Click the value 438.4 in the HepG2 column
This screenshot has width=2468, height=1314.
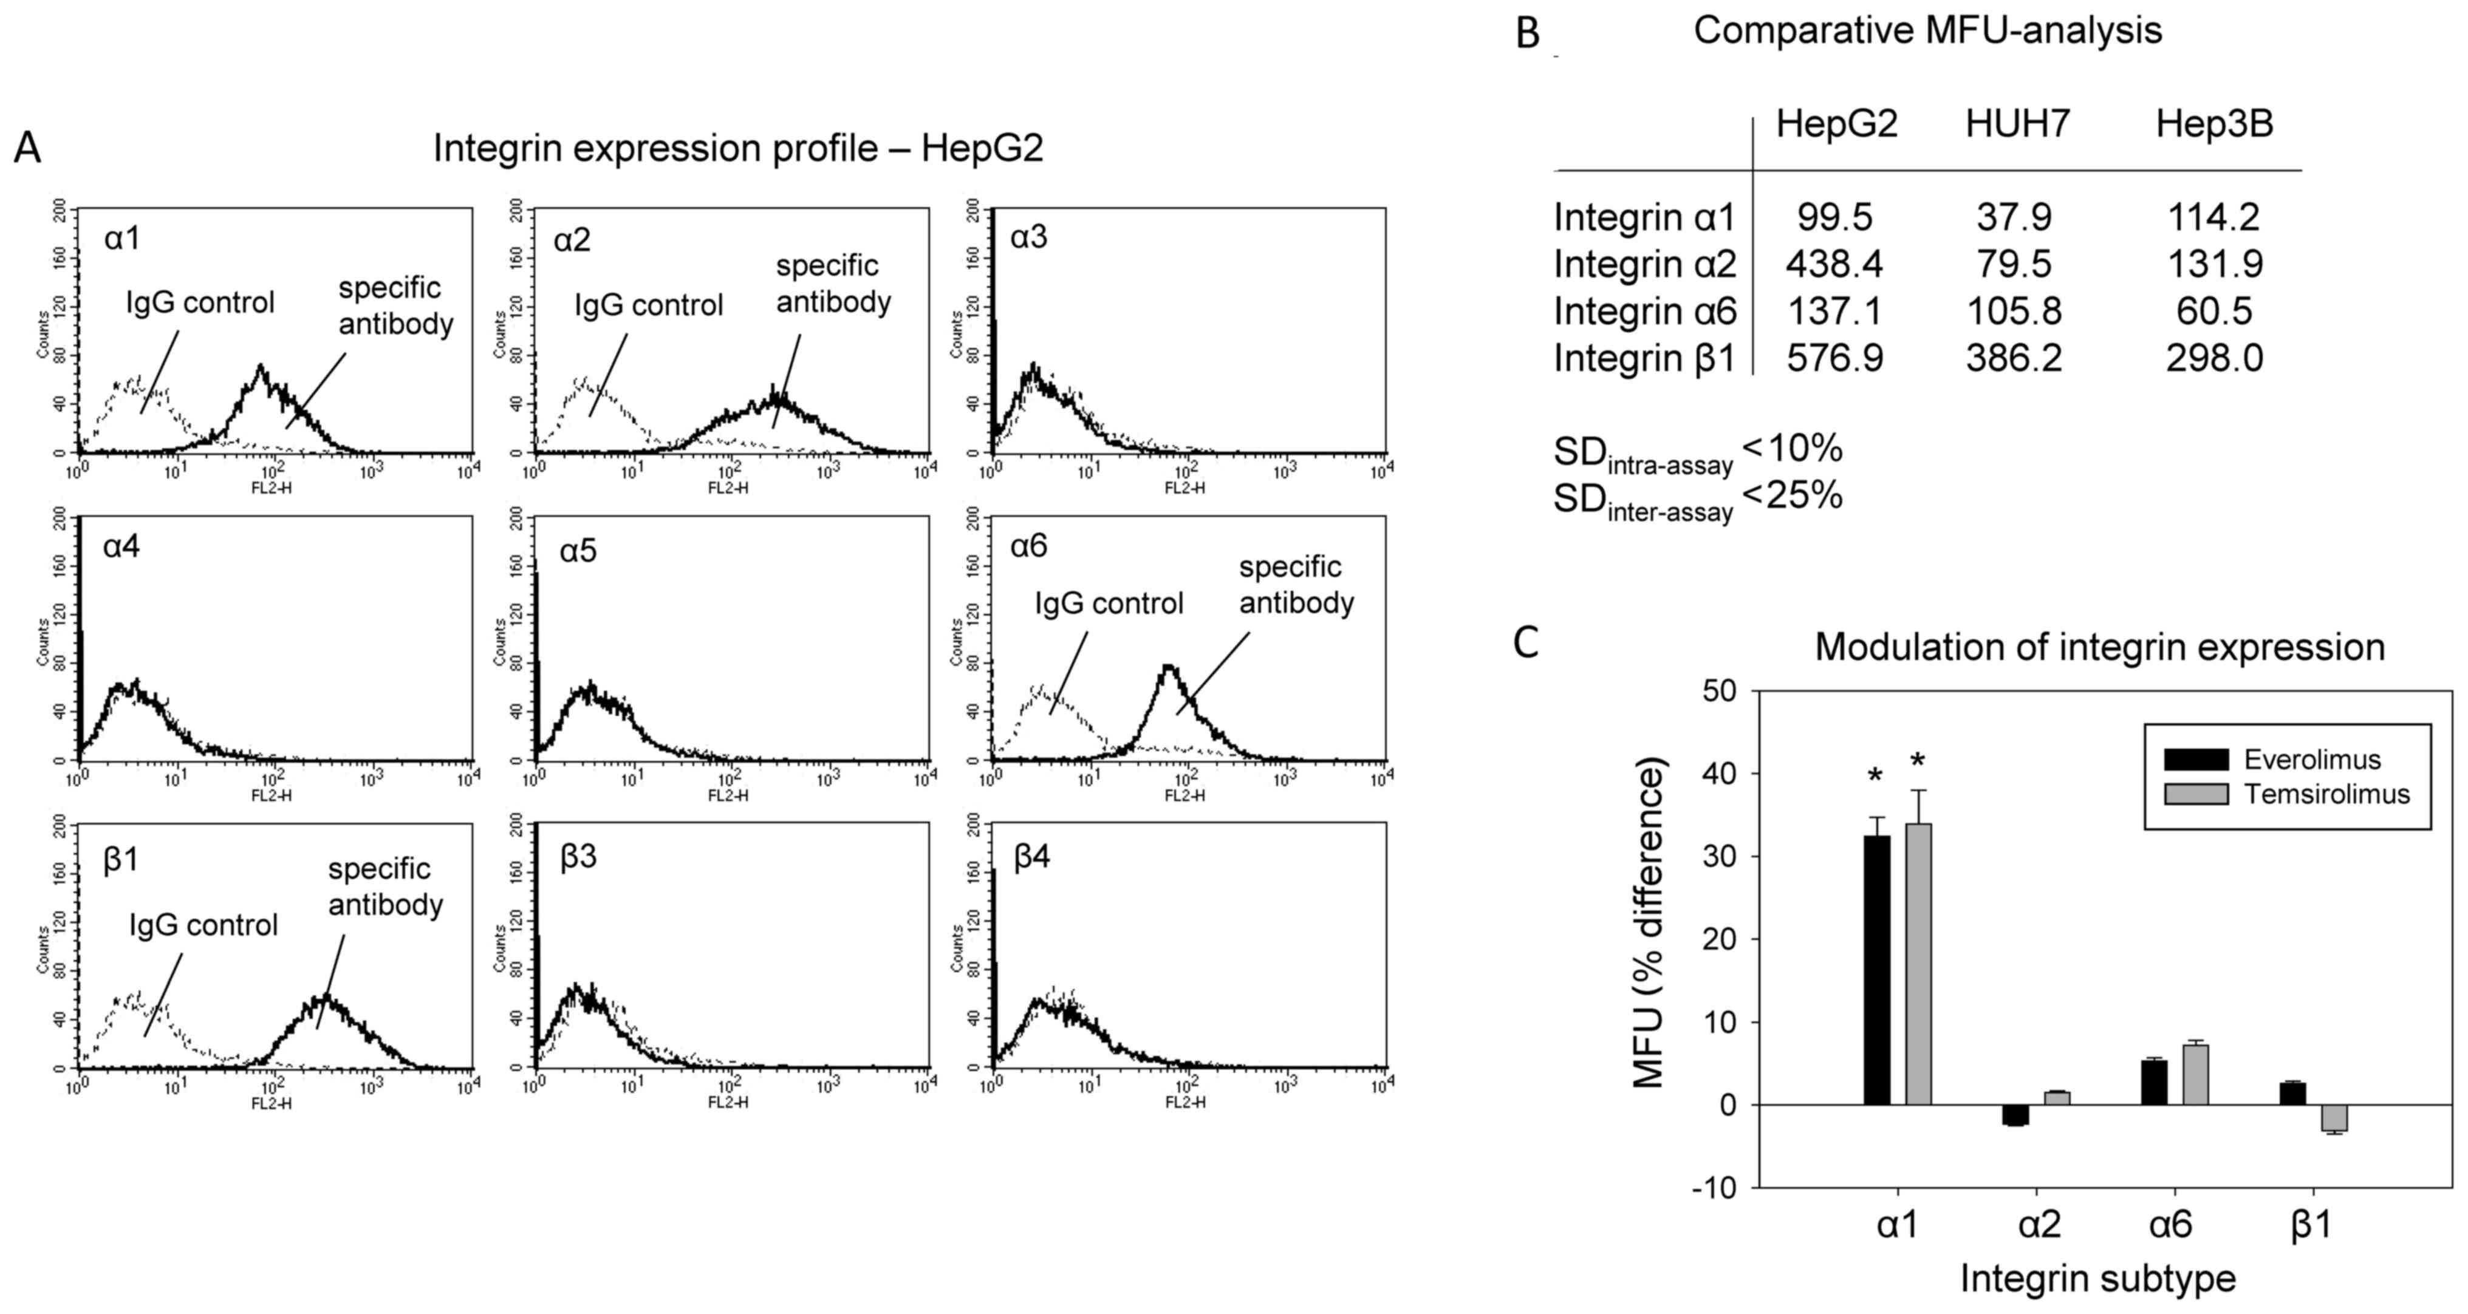1834,264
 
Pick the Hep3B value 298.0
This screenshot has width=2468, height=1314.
2214,358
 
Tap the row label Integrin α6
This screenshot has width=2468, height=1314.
1644,311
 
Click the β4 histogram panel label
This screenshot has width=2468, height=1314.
1032,857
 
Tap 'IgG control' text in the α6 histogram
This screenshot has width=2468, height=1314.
1109,604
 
